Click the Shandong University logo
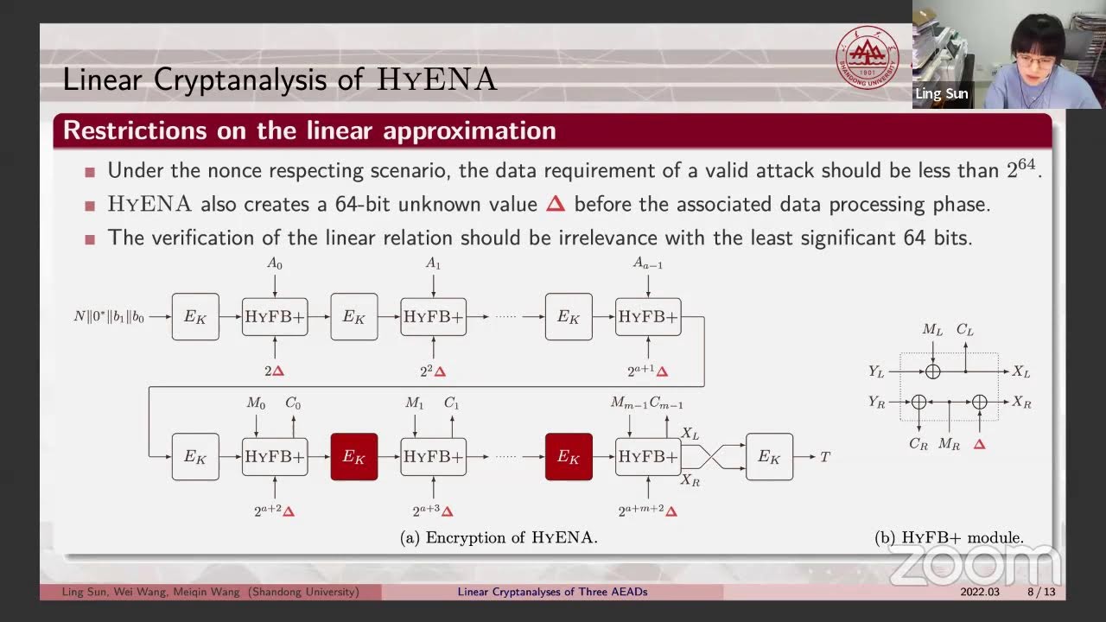point(867,56)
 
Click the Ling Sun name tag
point(941,93)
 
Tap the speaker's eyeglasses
point(1034,60)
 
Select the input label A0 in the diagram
point(274,263)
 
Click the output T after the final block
point(825,457)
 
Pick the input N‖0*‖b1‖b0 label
point(109,317)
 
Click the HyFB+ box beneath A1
point(433,317)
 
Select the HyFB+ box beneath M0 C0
point(274,457)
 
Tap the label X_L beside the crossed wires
point(690,434)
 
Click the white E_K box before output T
point(769,457)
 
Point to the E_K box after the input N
point(195,317)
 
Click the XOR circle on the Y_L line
point(932,371)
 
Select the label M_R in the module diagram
point(949,444)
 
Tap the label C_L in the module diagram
point(965,330)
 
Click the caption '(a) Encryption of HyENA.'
point(499,537)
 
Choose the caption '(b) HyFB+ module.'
point(949,537)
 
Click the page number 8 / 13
point(1040,592)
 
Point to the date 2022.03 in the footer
point(980,592)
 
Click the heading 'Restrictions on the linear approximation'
point(309,130)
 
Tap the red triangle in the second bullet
point(556,204)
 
